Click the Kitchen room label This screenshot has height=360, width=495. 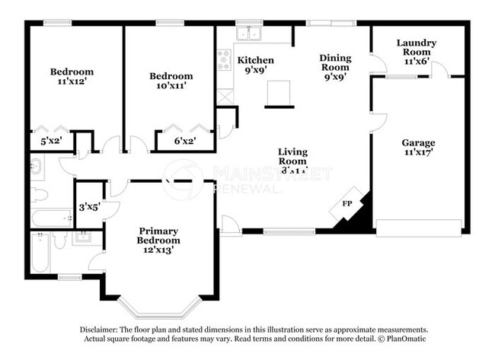(x=255, y=59)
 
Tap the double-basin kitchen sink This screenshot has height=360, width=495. (x=248, y=33)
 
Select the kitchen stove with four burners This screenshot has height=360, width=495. (x=225, y=59)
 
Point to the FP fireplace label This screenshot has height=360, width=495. (x=347, y=203)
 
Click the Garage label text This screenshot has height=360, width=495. (x=418, y=142)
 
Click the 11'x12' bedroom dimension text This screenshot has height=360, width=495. (x=72, y=83)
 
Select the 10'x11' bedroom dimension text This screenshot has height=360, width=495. (x=171, y=87)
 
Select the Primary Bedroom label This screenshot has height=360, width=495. (x=158, y=235)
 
